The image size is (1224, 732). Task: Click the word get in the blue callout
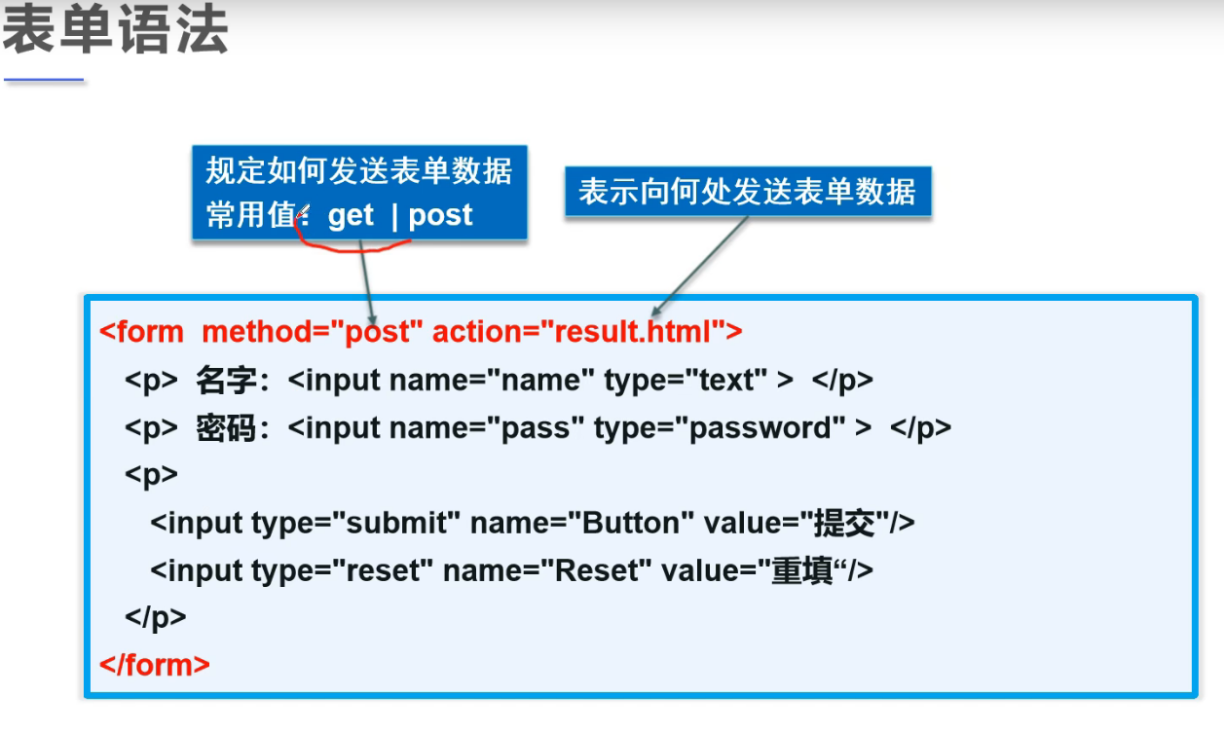(x=351, y=215)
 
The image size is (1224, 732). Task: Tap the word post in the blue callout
(x=440, y=215)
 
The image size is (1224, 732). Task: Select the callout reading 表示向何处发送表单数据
(x=747, y=191)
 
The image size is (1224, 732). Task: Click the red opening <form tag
(x=142, y=332)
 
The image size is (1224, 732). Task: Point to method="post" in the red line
(x=312, y=332)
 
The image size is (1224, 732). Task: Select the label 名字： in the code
(x=233, y=380)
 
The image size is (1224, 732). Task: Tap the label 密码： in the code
(x=233, y=427)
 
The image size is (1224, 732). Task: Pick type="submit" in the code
(x=354, y=523)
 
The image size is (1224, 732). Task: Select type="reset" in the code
(x=341, y=570)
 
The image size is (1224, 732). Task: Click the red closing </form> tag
(x=155, y=665)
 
